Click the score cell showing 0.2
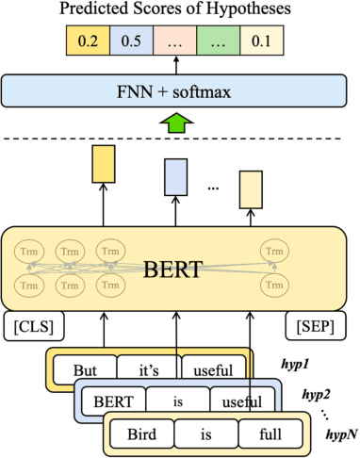(88, 40)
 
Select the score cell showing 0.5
(136, 40)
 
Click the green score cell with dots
(217, 40)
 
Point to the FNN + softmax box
(175, 91)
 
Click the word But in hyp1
(86, 369)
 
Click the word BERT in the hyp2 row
(112, 402)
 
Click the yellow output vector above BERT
(101, 165)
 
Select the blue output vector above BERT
(176, 175)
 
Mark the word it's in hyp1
(149, 369)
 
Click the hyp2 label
(319, 393)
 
